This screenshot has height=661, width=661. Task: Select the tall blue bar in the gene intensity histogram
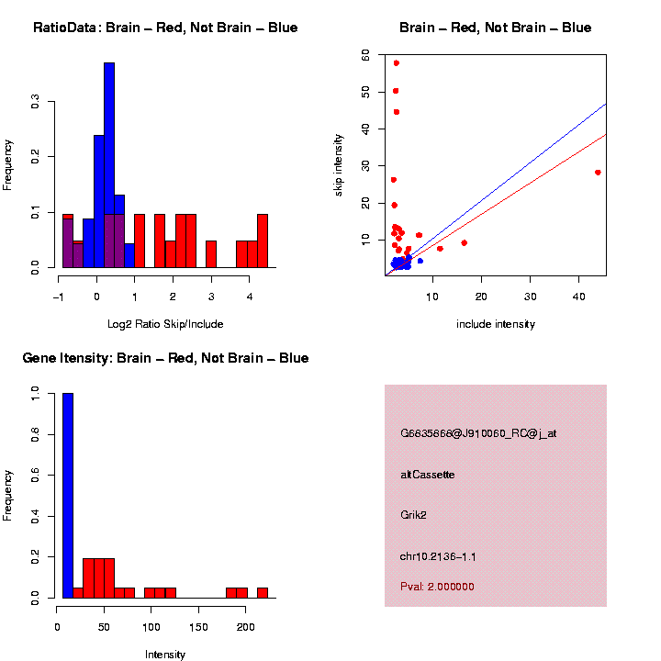pos(67,496)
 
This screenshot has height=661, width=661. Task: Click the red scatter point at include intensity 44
pos(598,173)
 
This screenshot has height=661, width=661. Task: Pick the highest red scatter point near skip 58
pos(396,63)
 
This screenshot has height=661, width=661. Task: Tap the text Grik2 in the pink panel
pos(413,515)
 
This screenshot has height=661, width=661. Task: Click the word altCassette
pos(427,475)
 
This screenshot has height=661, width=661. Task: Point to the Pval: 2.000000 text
pos(437,586)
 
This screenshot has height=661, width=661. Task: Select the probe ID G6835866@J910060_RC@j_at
pos(477,433)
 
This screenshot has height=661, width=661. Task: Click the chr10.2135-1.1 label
pos(437,556)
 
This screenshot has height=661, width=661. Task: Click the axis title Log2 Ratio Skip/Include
pos(166,324)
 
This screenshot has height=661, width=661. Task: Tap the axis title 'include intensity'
pos(495,324)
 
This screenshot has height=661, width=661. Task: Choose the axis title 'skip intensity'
pos(340,164)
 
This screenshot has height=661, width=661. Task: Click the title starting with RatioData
pos(165,28)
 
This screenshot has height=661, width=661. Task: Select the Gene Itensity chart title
pos(165,358)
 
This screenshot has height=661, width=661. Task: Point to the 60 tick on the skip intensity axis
pos(366,56)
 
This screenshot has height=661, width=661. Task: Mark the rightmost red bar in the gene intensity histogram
pos(263,592)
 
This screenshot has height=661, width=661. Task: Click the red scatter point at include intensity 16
pos(464,243)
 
